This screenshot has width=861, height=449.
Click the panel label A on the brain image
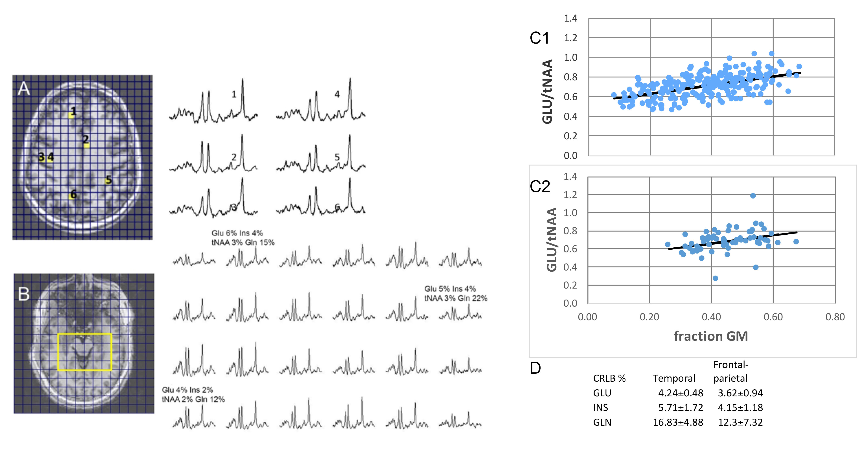point(24,89)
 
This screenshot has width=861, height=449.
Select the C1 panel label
point(539,38)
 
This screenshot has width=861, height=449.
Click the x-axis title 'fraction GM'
point(711,336)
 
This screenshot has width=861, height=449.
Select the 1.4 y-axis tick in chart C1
point(570,18)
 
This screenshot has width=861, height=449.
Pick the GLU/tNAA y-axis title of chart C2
point(552,240)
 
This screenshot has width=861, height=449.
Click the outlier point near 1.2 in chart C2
point(753,196)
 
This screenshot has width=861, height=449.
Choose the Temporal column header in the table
point(674,378)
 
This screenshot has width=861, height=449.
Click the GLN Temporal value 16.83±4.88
point(678,422)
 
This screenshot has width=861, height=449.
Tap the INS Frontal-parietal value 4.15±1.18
point(740,408)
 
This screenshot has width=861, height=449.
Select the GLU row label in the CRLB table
point(602,393)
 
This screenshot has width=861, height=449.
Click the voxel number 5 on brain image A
point(109,180)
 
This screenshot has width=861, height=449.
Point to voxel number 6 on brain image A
point(74,194)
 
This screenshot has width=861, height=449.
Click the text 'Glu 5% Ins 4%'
point(450,289)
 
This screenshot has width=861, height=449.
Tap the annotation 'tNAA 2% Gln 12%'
point(193,399)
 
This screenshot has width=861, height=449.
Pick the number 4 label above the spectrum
point(337,95)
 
